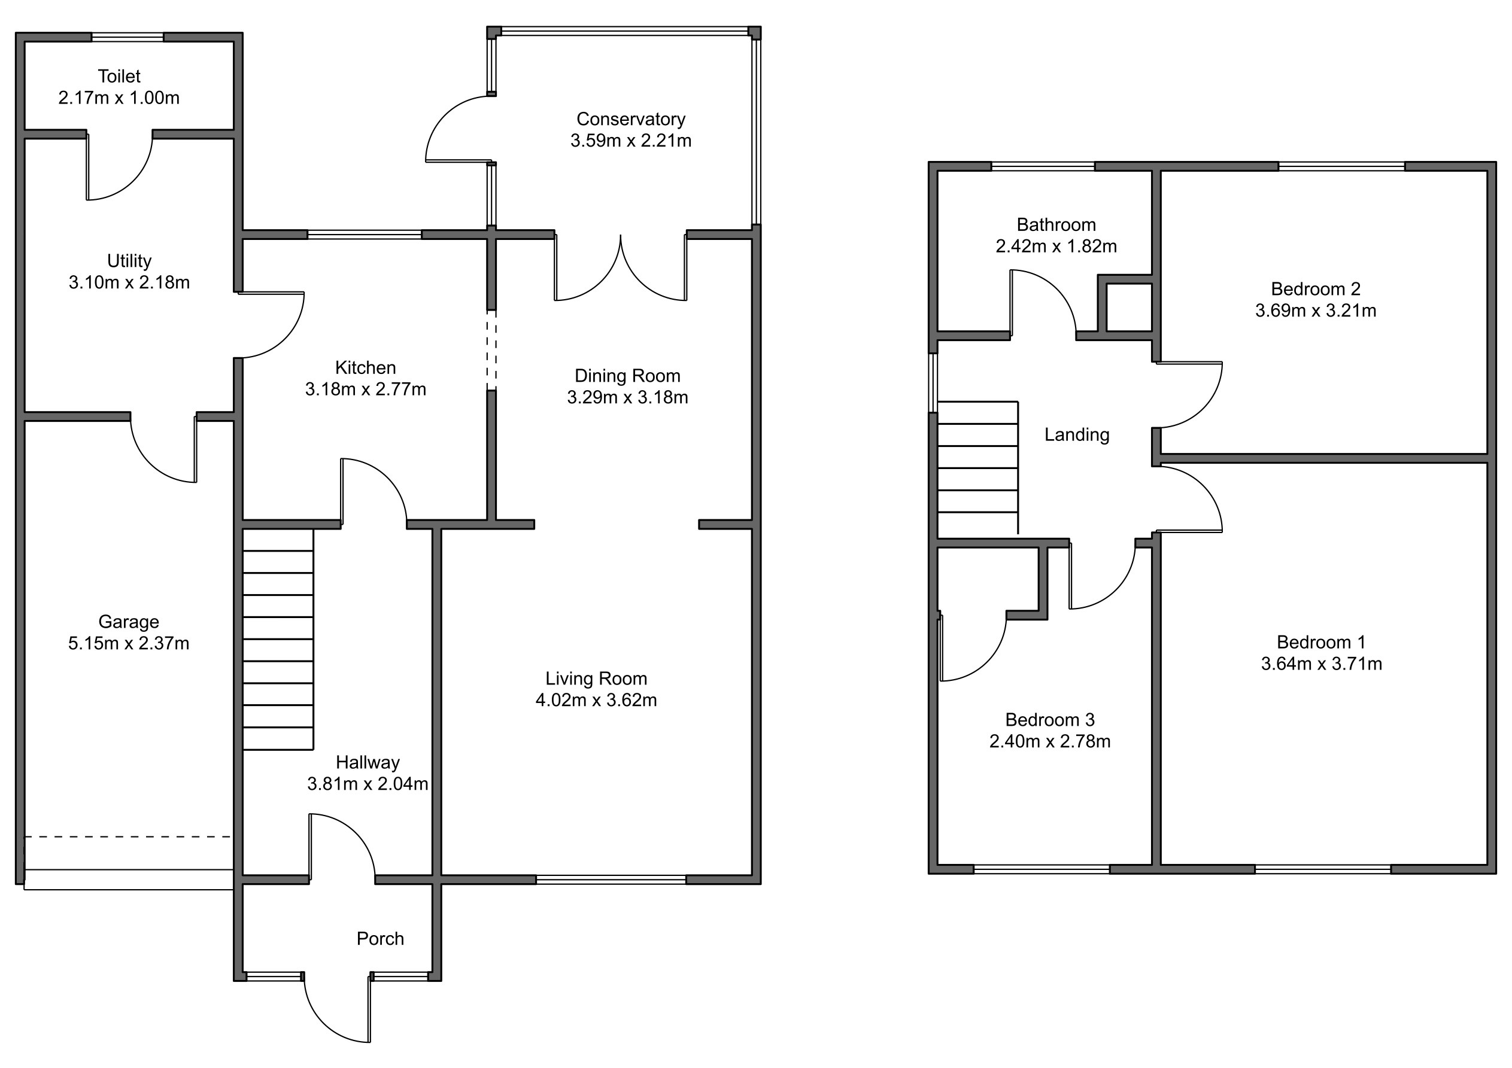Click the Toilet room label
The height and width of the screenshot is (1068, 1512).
coord(119,77)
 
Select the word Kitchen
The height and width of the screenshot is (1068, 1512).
coord(366,367)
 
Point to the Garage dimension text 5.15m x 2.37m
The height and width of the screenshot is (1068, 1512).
coord(129,643)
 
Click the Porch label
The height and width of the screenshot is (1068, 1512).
coord(380,938)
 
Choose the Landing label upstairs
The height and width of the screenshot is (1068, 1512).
coord(1077,434)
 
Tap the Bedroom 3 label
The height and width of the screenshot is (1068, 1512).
coord(1050,720)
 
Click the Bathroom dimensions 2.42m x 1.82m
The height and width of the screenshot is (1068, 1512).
coord(1056,247)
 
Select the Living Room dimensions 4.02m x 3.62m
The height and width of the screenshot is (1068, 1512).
coord(596,700)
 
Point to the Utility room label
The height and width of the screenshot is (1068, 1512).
coord(129,261)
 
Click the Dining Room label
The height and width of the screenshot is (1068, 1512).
coord(627,376)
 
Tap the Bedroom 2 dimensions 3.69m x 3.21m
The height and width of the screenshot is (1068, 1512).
coord(1316,311)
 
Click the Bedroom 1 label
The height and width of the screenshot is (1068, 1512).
coord(1321,642)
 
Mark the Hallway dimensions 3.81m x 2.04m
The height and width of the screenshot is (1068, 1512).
coord(368,784)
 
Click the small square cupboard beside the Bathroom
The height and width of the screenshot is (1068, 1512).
coord(1130,307)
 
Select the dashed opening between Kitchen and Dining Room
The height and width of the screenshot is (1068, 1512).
coord(491,350)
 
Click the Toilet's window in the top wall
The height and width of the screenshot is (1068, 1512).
coord(127,38)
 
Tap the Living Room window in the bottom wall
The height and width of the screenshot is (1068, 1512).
coord(611,879)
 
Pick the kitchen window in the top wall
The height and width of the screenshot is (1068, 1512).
coord(364,235)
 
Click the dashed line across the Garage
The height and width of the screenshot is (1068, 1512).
coord(129,837)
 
